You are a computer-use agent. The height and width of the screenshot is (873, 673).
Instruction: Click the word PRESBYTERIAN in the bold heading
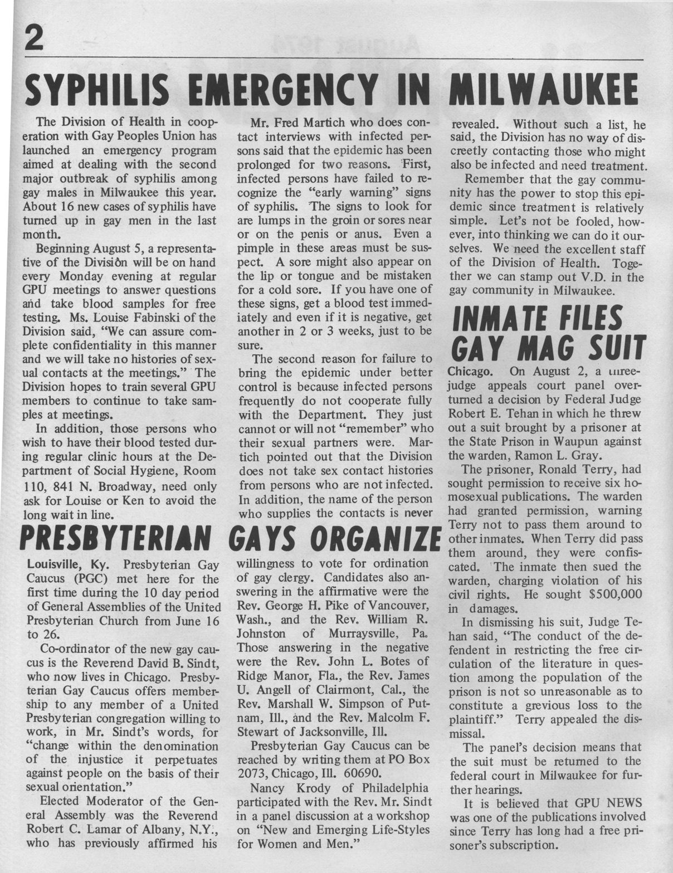tap(115, 538)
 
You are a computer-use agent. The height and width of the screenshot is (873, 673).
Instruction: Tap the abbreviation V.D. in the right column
tap(594, 277)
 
